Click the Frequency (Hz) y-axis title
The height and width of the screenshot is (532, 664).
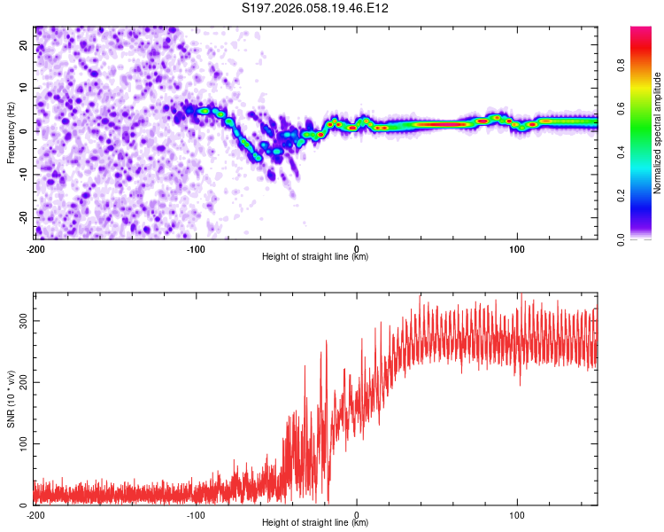(11, 133)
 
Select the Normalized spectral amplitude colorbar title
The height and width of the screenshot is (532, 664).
(658, 133)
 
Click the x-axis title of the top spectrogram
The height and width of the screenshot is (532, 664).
(315, 257)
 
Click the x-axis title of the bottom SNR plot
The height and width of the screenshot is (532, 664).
(315, 523)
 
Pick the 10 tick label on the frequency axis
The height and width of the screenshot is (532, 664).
(24, 88)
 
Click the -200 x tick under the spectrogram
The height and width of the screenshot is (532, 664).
(35, 248)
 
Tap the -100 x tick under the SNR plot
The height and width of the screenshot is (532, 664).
(196, 514)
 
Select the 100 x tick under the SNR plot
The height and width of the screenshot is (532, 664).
(517, 514)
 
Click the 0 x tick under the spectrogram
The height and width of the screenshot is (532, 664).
(357, 248)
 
